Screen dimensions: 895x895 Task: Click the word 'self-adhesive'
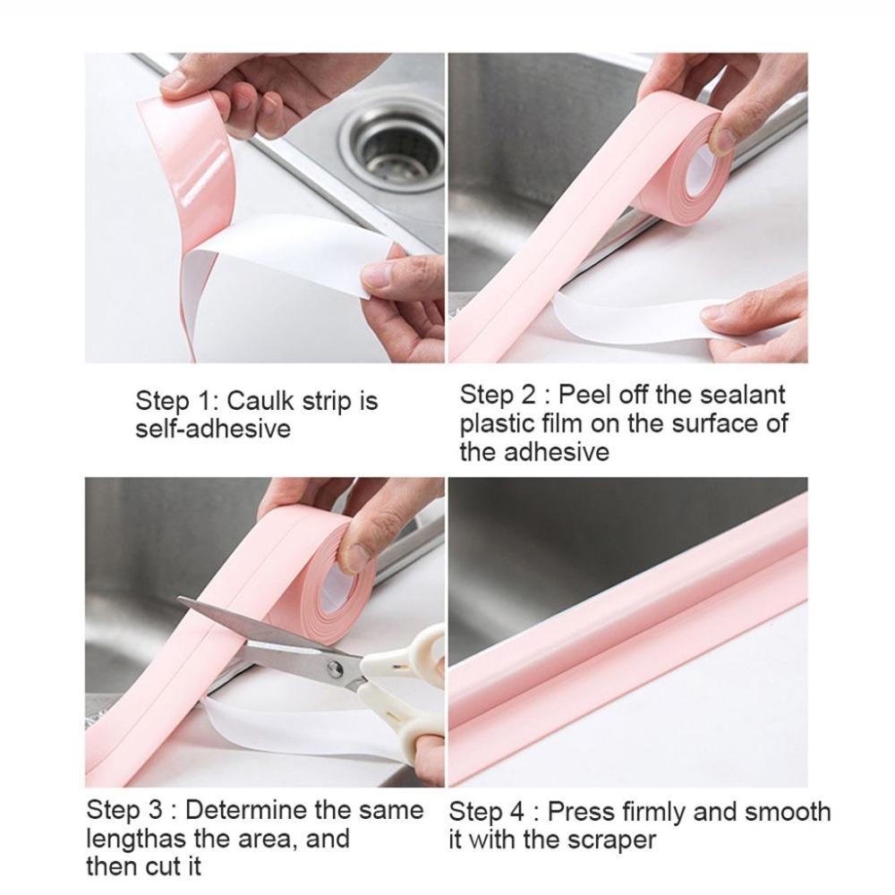click(213, 429)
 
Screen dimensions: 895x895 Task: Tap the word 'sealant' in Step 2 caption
click(740, 394)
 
